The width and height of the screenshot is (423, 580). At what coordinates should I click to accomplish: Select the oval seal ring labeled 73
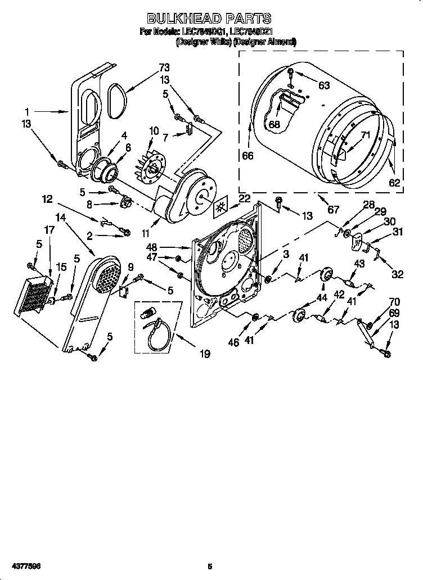[x=117, y=101]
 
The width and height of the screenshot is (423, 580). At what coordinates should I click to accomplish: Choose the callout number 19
[x=204, y=354]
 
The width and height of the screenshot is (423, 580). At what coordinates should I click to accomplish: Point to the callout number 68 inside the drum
[x=274, y=125]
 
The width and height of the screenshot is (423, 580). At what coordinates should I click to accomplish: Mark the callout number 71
[x=365, y=135]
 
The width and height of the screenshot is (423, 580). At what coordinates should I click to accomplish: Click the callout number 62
[x=394, y=182]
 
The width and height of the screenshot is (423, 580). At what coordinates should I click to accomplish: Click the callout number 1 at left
[x=27, y=111]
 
